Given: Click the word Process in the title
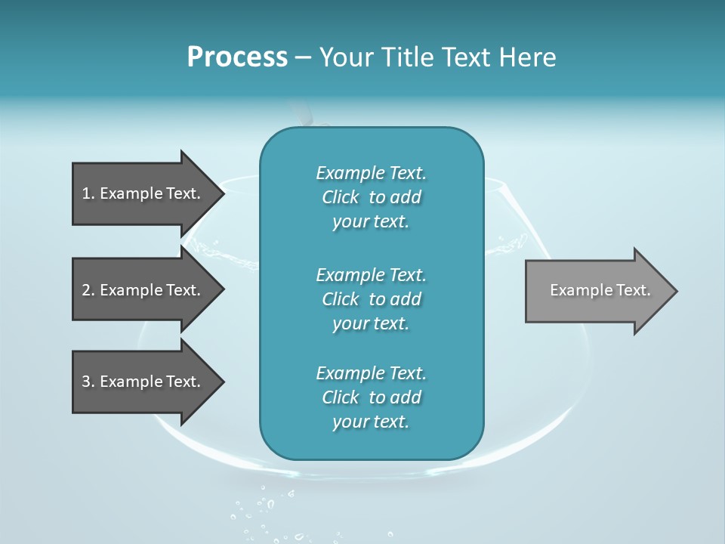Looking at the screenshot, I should pyautogui.click(x=237, y=57).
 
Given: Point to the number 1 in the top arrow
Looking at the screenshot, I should pyautogui.click(x=86, y=193).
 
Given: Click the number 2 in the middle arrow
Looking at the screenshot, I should pyautogui.click(x=86, y=290).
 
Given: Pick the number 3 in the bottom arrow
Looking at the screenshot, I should pyautogui.click(x=86, y=382).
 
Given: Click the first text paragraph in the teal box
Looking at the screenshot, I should pyautogui.click(x=371, y=197).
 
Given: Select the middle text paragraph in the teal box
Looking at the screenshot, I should pyautogui.click(x=371, y=299).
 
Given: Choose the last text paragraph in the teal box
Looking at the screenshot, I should pyautogui.click(x=371, y=397).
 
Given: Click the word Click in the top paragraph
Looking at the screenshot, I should pyautogui.click(x=340, y=197).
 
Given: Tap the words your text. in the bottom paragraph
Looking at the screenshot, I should pyautogui.click(x=371, y=422).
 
